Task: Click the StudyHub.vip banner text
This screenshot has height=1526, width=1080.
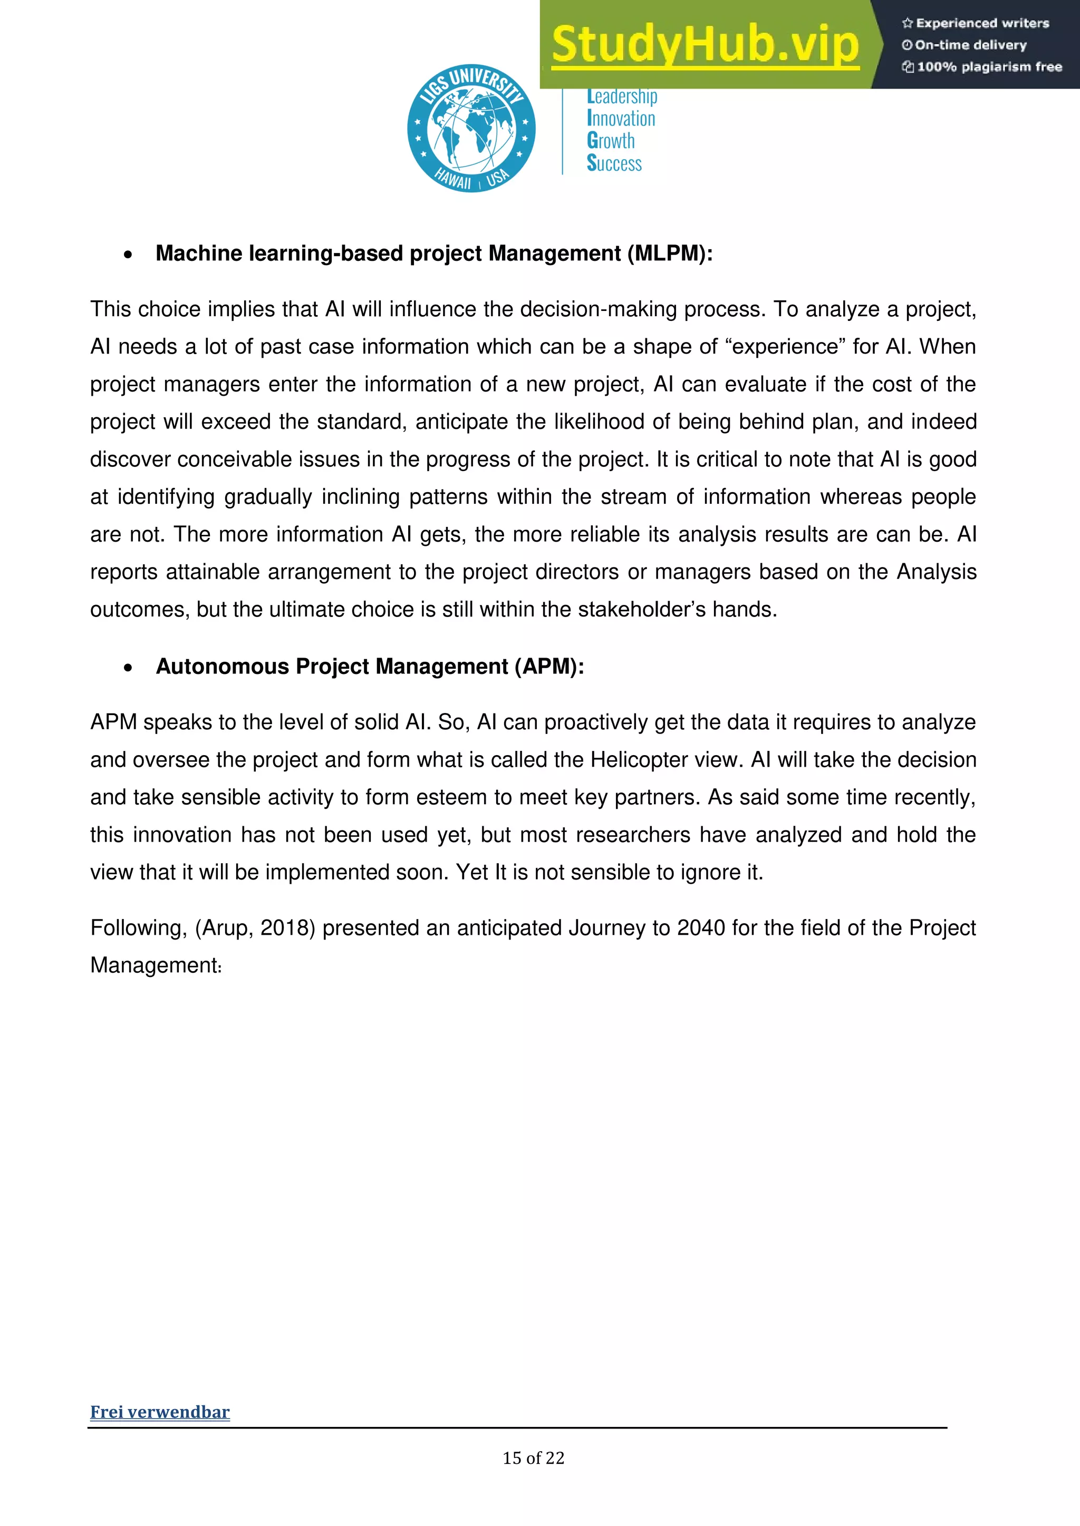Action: [x=705, y=45]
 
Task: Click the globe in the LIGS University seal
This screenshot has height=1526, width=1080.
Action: [x=471, y=128]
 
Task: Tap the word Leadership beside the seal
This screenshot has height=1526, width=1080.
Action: [x=622, y=97]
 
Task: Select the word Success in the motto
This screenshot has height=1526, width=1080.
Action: [x=614, y=163]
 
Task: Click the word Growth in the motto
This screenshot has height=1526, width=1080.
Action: [x=611, y=141]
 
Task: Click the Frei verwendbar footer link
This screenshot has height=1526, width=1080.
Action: [x=160, y=1412]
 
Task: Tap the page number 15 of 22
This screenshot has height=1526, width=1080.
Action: [x=533, y=1458]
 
